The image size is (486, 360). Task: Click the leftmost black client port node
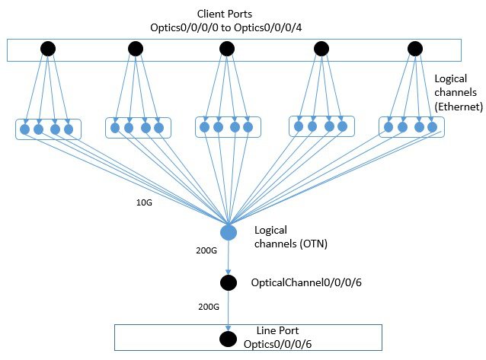click(x=47, y=49)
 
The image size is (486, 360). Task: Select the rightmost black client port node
click(x=415, y=49)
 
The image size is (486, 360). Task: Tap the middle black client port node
click(x=226, y=49)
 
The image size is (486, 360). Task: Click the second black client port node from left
click(x=136, y=49)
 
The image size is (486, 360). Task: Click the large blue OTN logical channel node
click(x=228, y=232)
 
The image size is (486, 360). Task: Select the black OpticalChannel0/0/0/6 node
click(x=228, y=283)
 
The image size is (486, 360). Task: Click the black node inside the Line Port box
click(x=227, y=339)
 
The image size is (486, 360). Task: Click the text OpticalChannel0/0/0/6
click(x=300, y=282)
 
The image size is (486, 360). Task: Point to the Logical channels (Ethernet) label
click(x=458, y=93)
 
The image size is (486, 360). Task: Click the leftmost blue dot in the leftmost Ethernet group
click(x=25, y=129)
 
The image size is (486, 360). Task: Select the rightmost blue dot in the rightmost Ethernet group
click(x=432, y=127)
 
